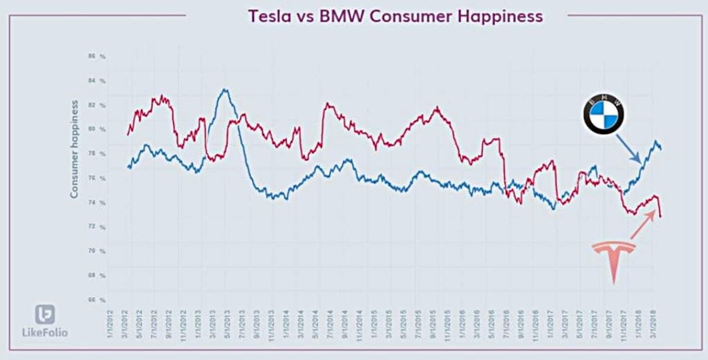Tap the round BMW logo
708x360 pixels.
click(x=604, y=115)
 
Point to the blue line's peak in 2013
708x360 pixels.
click(x=223, y=89)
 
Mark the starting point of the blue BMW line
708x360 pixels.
click(x=128, y=167)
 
